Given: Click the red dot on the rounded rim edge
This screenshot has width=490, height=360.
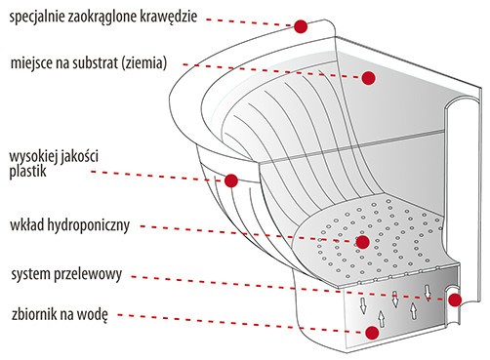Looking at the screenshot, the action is point(301,26).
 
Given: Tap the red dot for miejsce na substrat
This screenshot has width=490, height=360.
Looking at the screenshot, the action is point(368,78).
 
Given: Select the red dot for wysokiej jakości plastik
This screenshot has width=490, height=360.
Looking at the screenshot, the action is point(231,180).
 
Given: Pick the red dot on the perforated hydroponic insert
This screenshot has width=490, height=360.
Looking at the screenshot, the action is point(362,242).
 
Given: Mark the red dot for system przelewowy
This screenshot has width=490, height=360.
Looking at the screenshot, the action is point(455,300).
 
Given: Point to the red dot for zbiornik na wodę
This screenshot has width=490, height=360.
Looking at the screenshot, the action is point(372,333).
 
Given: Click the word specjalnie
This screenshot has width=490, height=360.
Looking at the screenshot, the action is point(37,17).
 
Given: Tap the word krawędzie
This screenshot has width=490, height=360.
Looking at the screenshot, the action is point(169,17).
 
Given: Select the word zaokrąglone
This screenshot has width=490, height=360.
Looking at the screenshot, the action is point(102,17).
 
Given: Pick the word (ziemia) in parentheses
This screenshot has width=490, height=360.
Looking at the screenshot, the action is point(144,62).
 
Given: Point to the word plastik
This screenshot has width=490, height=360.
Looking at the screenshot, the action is point(27,171).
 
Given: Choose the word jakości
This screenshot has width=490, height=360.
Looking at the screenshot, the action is point(78,157).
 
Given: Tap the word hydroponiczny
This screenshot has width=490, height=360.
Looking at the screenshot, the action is point(89,225).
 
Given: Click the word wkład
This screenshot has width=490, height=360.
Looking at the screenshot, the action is point(27,224).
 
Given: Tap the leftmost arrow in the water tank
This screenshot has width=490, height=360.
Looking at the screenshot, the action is point(363,305).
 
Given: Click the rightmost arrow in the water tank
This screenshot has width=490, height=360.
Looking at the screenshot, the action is point(429,292).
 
